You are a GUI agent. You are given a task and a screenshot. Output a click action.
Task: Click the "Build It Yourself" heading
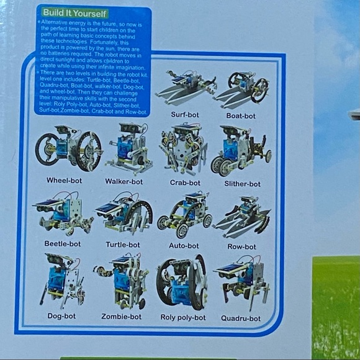coord(74,13)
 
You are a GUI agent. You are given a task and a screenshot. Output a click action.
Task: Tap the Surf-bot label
coord(185,115)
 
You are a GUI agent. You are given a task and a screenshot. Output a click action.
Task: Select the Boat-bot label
coord(241,116)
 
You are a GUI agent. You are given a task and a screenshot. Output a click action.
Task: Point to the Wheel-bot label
coord(64,181)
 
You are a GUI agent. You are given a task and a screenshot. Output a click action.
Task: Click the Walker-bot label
coord(124,182)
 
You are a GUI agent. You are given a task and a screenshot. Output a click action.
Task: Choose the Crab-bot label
coord(185,183)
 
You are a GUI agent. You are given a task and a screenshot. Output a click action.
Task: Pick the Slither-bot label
coord(242,184)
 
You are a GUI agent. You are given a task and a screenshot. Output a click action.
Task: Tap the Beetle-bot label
coord(62,244)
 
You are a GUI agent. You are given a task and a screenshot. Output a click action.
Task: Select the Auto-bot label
coord(184,246)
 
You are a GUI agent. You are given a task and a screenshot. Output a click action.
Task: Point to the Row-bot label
coord(241,246)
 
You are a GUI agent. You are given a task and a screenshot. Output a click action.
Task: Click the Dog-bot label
coord(61,316)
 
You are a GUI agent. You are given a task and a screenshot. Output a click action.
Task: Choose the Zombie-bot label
coord(121,317)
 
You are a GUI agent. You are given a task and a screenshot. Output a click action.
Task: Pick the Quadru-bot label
coord(241,318)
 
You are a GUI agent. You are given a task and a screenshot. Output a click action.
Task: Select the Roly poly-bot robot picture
coord(182,282)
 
